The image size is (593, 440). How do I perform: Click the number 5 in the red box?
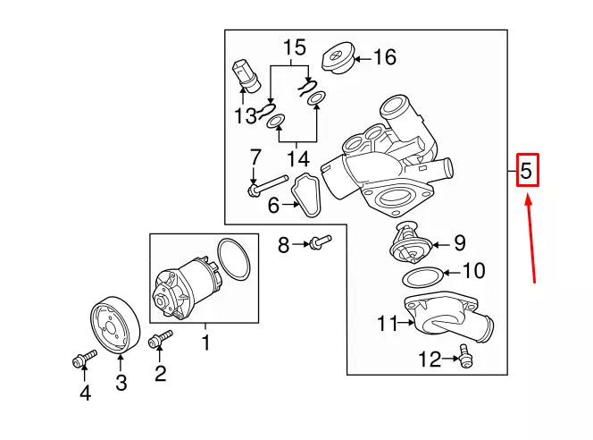(x=528, y=169)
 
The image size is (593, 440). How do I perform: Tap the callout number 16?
(x=383, y=58)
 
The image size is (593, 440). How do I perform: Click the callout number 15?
(x=295, y=47)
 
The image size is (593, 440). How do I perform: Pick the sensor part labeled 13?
(x=246, y=75)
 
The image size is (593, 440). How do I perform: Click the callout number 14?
(x=297, y=159)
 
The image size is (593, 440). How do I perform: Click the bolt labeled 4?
(x=79, y=360)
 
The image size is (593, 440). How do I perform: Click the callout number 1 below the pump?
(x=205, y=342)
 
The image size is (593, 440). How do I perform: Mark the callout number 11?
(x=386, y=324)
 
